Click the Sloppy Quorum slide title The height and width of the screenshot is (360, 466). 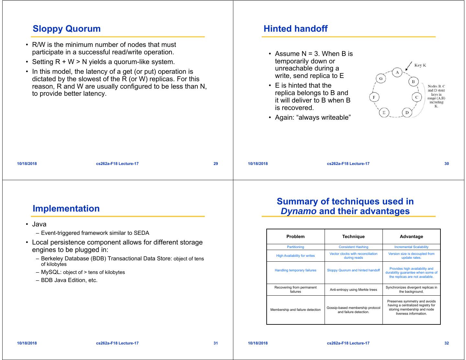67,29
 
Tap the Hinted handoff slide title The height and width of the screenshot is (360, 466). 295,29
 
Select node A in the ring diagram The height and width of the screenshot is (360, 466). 397,72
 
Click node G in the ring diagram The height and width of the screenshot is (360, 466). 381,78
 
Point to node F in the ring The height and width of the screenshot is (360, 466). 374,97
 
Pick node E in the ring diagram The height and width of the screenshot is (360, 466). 384,112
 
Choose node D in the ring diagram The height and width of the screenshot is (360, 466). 407,112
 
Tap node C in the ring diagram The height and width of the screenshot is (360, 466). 416,97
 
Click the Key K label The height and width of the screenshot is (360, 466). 420,65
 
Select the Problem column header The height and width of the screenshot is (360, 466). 295,236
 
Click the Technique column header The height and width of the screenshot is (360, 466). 353,236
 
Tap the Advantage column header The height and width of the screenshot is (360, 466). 411,236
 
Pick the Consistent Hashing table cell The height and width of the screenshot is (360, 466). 353,247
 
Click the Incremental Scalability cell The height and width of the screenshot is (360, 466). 411,247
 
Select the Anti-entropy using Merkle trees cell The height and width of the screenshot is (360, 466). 353,289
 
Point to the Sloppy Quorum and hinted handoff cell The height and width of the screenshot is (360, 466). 353,270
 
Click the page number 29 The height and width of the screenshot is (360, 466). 216,164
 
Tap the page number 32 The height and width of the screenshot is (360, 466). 447,343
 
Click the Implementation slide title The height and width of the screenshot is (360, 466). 66,209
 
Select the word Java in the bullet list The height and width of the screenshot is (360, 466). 39,224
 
